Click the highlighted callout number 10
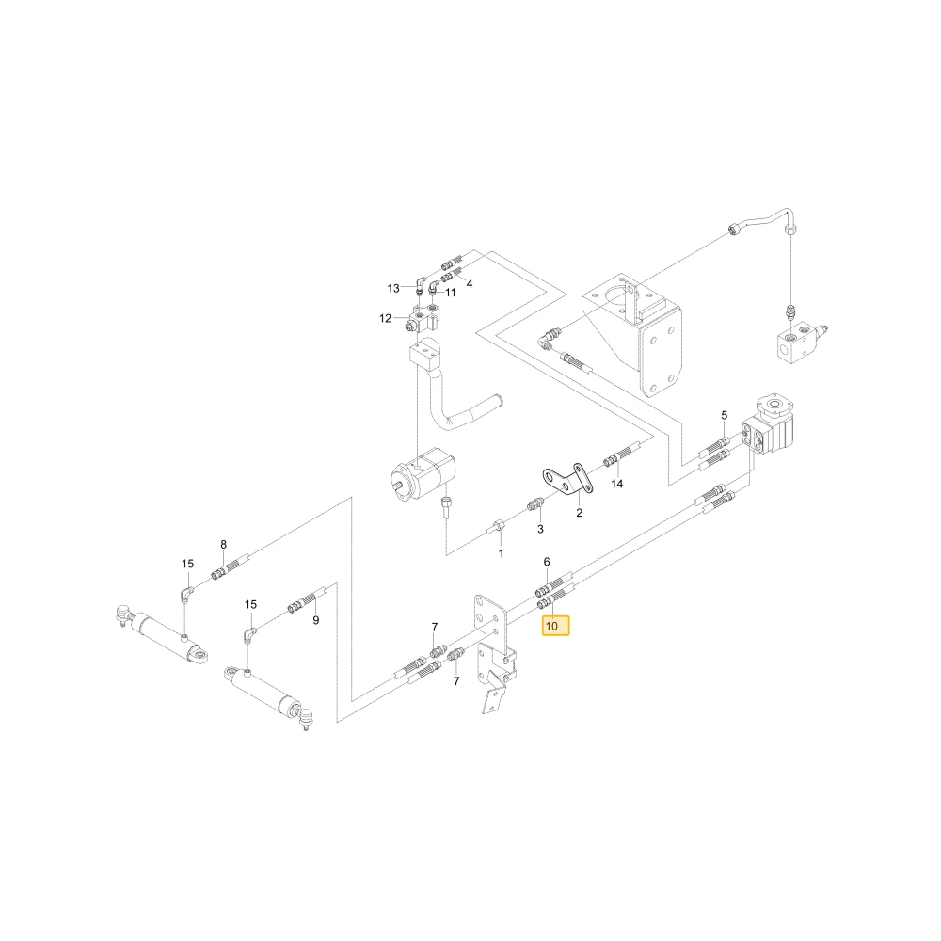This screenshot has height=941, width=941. click(x=551, y=626)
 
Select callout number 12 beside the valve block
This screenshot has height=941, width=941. click(x=385, y=318)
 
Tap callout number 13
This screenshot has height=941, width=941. click(x=393, y=289)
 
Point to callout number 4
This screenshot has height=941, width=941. click(x=470, y=284)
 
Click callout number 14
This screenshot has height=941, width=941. click(x=617, y=484)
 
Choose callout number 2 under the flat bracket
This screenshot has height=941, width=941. click(x=579, y=513)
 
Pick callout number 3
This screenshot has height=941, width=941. click(x=540, y=529)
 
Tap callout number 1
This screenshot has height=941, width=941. click(x=502, y=554)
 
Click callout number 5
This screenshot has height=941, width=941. click(x=725, y=415)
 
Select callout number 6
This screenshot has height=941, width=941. click(x=547, y=562)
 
